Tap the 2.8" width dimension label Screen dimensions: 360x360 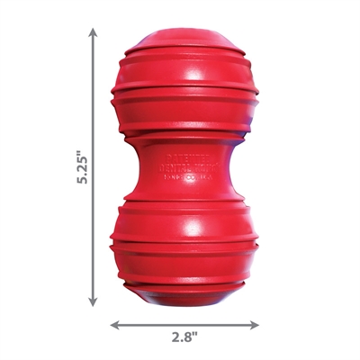184,339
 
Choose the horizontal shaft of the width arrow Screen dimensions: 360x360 184,322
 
